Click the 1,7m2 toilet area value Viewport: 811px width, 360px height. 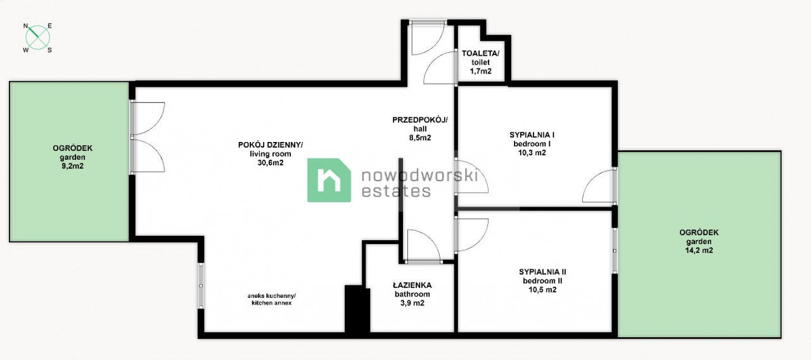480,72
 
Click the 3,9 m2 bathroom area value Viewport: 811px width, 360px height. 412,303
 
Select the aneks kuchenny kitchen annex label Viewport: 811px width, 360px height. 272,299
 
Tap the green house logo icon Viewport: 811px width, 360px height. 329,180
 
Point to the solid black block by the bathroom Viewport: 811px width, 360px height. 357,309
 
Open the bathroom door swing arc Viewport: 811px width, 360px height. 422,245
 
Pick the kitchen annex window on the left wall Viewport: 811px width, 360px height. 201,285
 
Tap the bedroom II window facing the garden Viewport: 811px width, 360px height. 615,250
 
